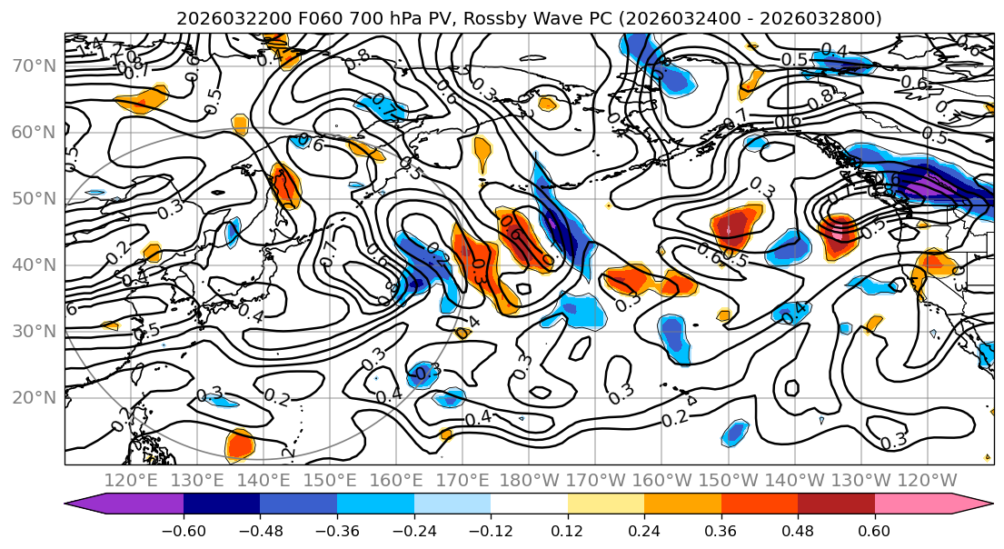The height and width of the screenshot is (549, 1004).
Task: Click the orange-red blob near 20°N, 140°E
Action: coord(240,444)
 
